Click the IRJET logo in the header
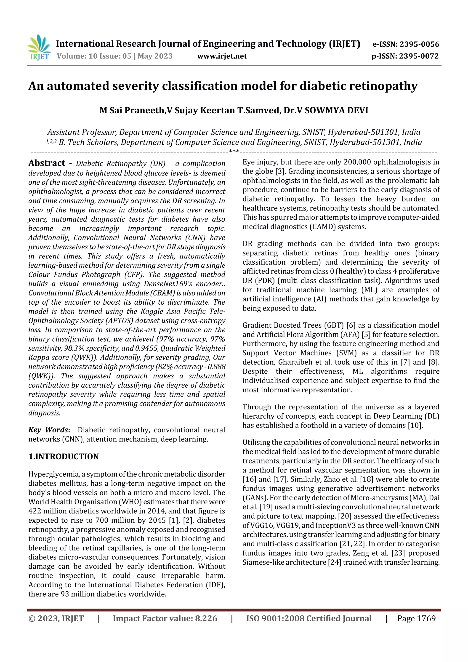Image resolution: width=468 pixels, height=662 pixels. (x=39, y=48)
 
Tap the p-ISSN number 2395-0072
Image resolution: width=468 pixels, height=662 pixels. (x=419, y=56)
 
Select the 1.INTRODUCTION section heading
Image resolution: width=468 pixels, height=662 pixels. (x=64, y=456)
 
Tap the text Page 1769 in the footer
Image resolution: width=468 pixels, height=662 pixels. (x=416, y=618)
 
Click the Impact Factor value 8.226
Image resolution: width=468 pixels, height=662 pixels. (x=206, y=618)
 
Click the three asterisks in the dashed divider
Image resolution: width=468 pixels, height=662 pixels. (x=234, y=151)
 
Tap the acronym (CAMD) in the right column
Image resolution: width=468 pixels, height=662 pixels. (x=323, y=227)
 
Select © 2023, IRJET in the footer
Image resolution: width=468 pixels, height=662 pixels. (x=56, y=618)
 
